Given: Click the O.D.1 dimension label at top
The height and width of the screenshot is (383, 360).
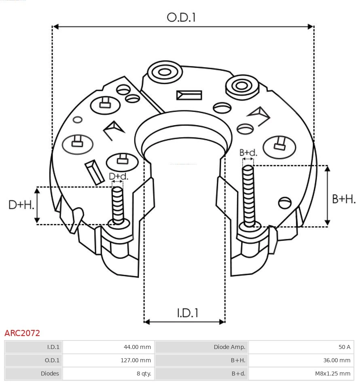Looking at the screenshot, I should coord(181,17).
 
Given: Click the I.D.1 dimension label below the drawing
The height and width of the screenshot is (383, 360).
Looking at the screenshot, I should coord(187,313).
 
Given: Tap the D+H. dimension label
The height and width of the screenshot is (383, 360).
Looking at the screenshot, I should coord(21,205).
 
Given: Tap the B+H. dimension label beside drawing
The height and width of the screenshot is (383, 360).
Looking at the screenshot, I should coord(343,199).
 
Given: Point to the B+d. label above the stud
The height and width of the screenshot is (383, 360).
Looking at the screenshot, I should coord(248,153).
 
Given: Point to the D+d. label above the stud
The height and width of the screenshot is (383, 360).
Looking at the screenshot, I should coord(119,176).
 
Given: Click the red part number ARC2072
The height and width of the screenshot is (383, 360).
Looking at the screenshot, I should coord(22,333).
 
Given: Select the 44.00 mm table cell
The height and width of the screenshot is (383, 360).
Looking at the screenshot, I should coord(137,347).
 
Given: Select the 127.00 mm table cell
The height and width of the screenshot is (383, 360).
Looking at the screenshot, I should coord(136,360).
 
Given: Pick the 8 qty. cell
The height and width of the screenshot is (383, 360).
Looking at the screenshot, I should coord(144,373).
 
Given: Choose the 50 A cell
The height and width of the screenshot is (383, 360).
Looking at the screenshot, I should coord(345,347).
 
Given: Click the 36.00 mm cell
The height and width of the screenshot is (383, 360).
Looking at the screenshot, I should coord(337,360).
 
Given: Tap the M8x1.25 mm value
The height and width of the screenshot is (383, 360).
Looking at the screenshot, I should coord(332,373).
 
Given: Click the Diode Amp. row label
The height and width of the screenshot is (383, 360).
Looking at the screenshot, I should coord(229,347).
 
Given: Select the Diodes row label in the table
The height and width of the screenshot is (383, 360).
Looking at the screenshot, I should coord(50,373).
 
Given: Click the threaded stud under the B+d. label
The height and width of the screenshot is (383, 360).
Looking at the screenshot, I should coord(248,194).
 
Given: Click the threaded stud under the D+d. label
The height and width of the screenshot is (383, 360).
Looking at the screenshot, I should coord(118,204).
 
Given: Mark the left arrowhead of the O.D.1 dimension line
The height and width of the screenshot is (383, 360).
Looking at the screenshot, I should coord(55,27).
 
